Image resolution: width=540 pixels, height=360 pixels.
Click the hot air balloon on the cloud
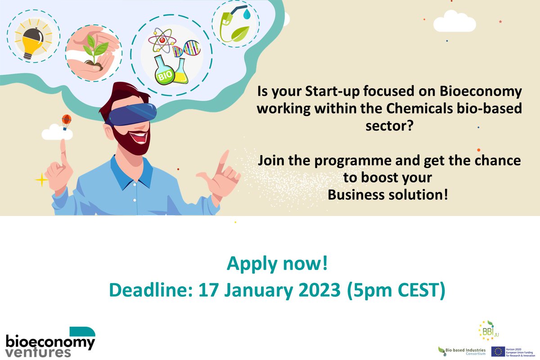[66, 120]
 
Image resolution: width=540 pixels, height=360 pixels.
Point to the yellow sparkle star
[41, 180]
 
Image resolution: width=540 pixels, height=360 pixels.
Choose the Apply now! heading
[277, 264]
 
